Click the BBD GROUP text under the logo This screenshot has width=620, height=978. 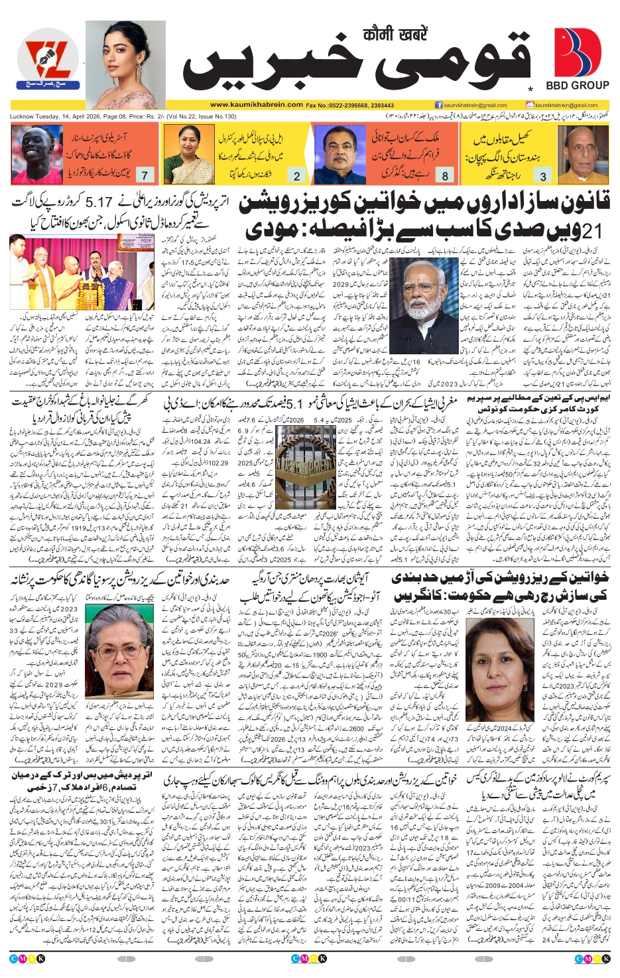(577, 86)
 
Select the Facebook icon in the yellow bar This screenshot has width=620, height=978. (439, 105)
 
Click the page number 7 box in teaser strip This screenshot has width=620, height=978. (145, 176)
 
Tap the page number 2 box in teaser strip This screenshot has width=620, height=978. (296, 176)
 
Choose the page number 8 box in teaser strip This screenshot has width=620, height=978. (445, 176)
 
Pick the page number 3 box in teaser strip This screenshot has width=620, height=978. (543, 176)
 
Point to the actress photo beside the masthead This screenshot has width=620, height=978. (126, 64)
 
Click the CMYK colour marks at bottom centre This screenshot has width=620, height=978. (309, 958)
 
